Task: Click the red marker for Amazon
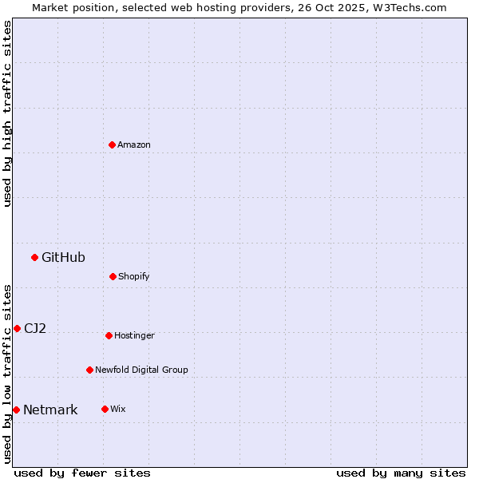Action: click(113, 144)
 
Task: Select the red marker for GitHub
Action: click(35, 257)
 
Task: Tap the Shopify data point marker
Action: click(113, 276)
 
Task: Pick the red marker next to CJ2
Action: click(17, 328)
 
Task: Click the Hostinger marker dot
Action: click(109, 335)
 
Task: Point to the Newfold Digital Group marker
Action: click(89, 370)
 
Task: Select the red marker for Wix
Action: click(105, 409)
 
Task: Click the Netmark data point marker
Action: click(16, 410)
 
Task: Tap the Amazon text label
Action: click(134, 144)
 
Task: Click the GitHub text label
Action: click(63, 257)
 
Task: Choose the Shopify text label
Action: click(134, 276)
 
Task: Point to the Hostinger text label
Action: click(134, 335)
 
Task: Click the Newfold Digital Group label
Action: click(141, 370)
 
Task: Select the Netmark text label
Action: click(50, 410)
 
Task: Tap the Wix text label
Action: click(118, 409)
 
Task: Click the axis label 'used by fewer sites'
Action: click(82, 473)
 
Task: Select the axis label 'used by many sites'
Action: click(401, 473)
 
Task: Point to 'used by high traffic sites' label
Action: click(7, 113)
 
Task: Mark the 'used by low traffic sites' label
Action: click(7, 374)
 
